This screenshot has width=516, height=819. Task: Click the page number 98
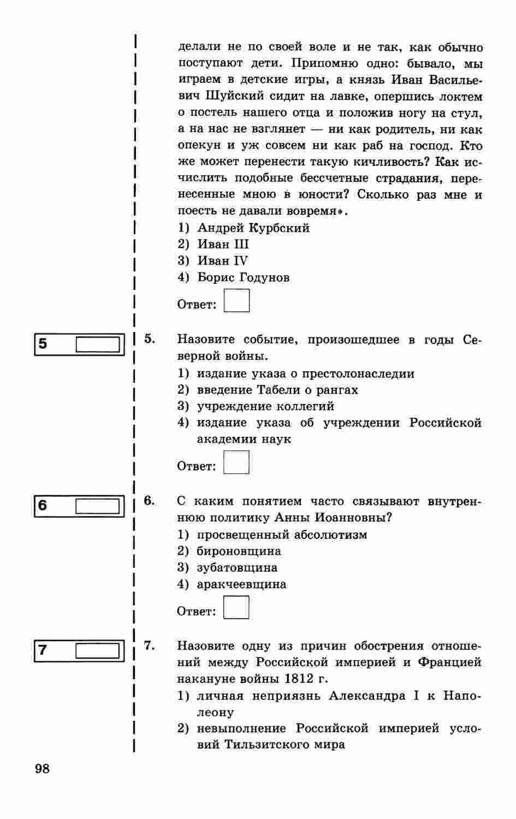coord(42,769)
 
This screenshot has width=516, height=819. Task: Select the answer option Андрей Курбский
coord(253,228)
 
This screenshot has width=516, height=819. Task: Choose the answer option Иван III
coord(223,244)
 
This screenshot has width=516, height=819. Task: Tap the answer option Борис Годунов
coord(243,277)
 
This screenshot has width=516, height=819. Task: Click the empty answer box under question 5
coord(236,462)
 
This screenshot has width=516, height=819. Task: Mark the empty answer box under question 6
coord(236,607)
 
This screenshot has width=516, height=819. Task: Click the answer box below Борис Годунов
coord(236,301)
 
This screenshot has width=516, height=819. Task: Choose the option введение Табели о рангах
coord(277,390)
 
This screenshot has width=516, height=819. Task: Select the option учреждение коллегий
coord(265,406)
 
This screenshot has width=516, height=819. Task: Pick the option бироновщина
coord(239,551)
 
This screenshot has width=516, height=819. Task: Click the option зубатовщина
coord(237,567)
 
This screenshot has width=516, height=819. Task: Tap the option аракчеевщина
coord(241,584)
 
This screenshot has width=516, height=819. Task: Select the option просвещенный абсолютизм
coord(282,535)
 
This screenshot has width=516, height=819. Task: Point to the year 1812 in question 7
coord(299,679)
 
